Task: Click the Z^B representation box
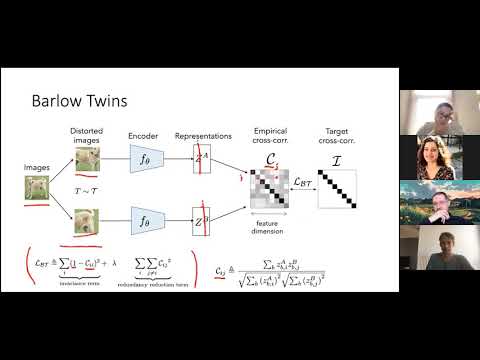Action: (x=203, y=220)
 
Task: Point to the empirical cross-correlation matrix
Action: (x=269, y=184)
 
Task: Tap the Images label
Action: (x=36, y=167)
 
